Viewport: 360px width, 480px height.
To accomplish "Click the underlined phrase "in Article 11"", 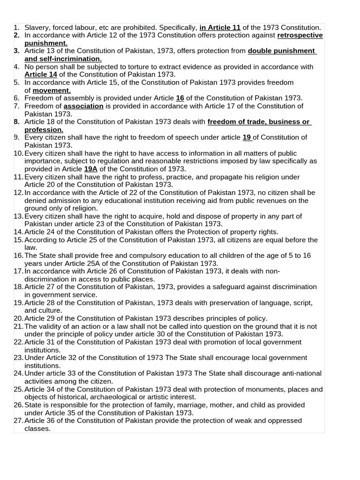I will [x=220, y=28].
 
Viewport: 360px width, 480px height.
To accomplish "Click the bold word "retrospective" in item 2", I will [x=300, y=36].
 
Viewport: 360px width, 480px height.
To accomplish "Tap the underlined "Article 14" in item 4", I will [x=41, y=75].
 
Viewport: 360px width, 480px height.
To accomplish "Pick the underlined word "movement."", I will [x=52, y=90].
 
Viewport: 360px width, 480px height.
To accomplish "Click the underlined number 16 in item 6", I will [x=180, y=98].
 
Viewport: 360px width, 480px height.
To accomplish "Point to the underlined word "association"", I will [x=83, y=106].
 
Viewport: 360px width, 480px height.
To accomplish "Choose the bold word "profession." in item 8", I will [x=44, y=130].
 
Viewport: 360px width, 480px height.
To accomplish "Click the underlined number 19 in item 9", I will [x=247, y=137].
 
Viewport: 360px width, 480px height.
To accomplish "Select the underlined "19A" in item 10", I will [x=90, y=169].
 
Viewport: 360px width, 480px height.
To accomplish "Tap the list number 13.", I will [x=18, y=216].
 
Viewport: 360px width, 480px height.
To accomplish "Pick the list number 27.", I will [x=18, y=420].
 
